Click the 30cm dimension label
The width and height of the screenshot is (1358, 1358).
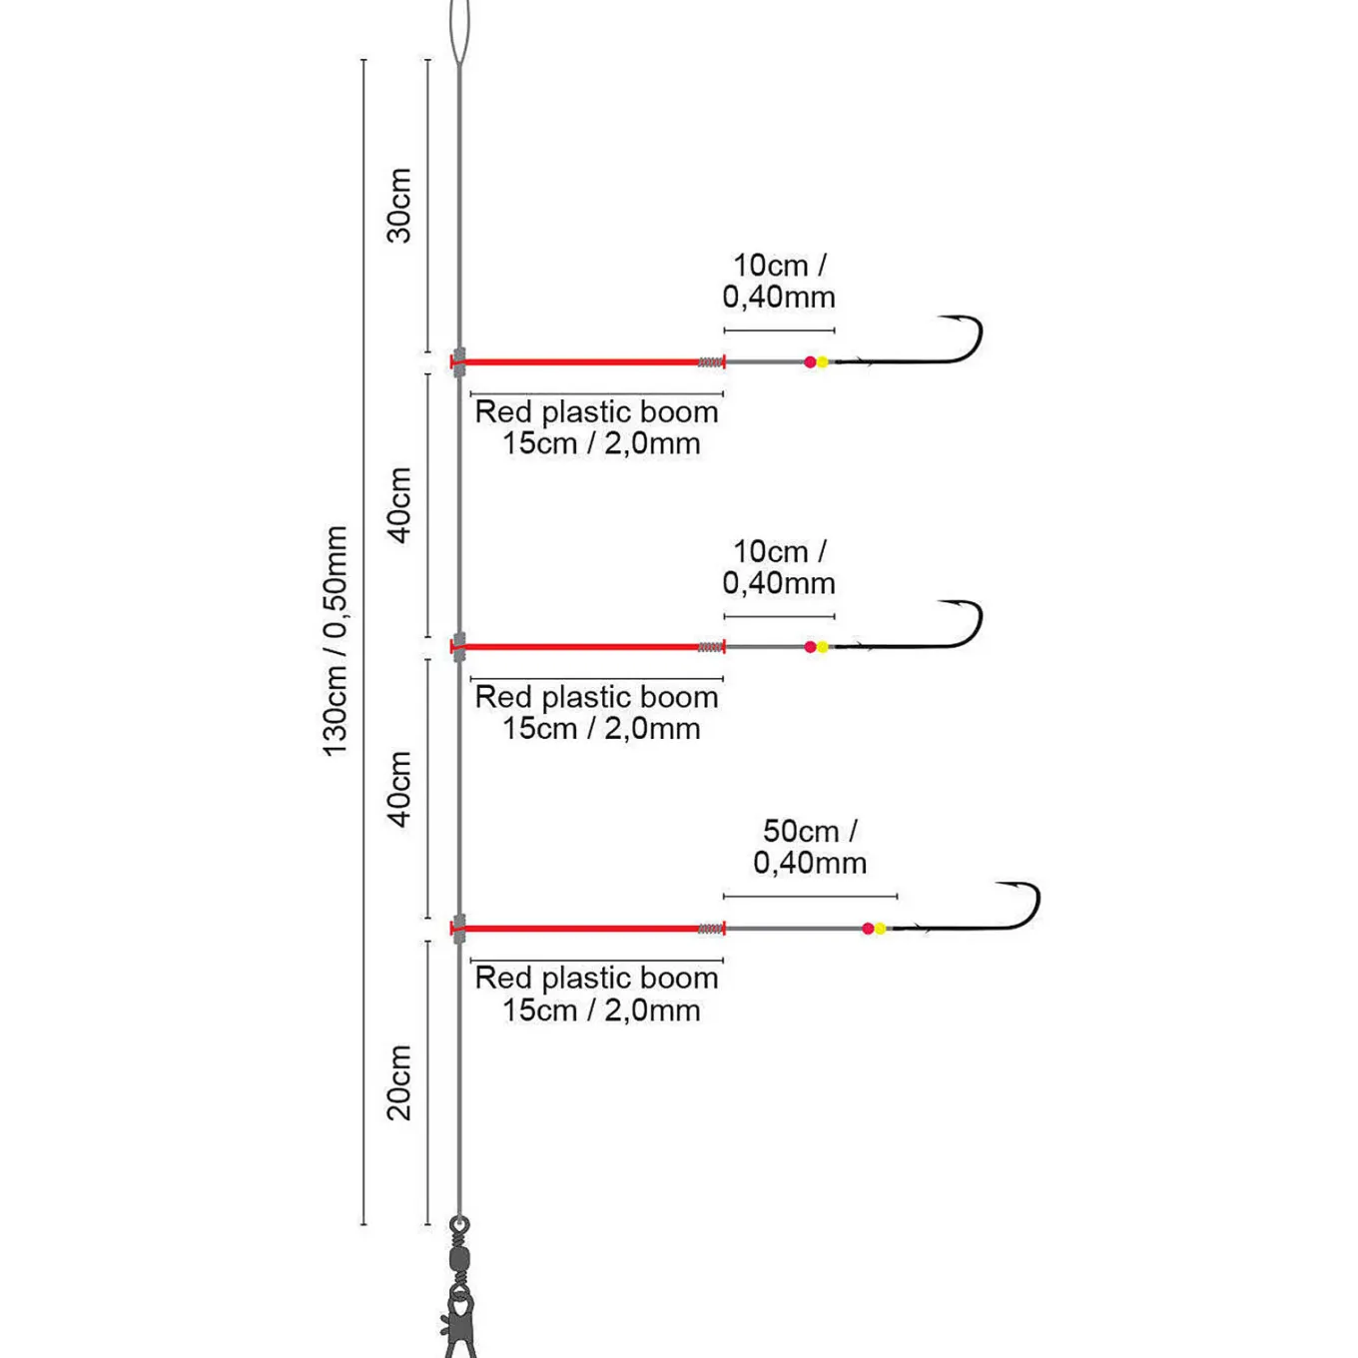click(x=399, y=205)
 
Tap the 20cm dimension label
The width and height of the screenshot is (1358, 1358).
click(x=399, y=1082)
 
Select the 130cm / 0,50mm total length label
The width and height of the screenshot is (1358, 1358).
click(x=335, y=641)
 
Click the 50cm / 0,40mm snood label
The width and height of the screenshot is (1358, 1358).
click(x=810, y=847)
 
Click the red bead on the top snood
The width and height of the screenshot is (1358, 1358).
click(x=811, y=362)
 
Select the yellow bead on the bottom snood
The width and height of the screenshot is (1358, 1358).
click(x=880, y=929)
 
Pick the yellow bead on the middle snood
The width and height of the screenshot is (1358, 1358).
click(x=823, y=647)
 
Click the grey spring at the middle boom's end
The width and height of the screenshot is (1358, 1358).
click(x=710, y=647)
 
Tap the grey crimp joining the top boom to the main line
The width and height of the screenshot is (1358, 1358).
click(x=459, y=362)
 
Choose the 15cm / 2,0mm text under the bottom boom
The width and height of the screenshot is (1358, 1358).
click(x=601, y=1011)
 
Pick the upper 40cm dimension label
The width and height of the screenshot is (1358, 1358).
click(x=399, y=504)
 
